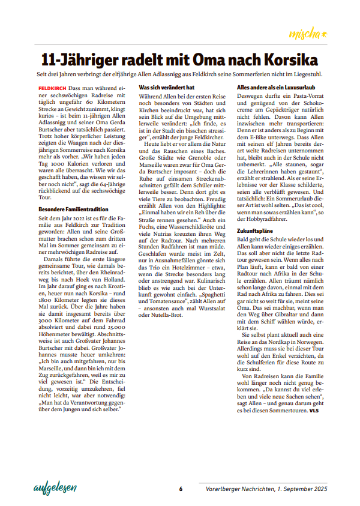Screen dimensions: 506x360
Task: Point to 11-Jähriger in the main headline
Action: (79, 60)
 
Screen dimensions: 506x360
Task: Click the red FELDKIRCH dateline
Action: (51, 88)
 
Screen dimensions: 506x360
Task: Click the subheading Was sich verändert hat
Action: (166, 87)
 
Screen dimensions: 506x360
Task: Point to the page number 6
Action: (180, 489)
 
